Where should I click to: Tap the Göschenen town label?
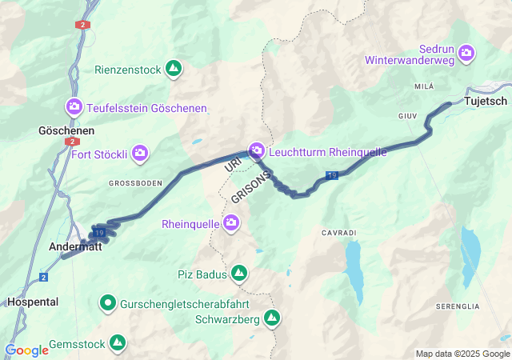point(66,130)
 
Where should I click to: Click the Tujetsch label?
point(485,101)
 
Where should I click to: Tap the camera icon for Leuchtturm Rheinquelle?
point(257,150)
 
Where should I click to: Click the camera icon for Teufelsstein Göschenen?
point(74,106)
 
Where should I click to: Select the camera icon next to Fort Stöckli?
point(140,152)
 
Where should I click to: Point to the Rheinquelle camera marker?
point(231,222)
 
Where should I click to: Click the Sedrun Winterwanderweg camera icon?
point(466,53)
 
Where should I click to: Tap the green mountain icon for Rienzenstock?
point(174,69)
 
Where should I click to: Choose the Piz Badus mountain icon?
point(238,274)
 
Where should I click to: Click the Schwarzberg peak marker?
point(272,318)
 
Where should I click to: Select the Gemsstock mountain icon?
point(118,343)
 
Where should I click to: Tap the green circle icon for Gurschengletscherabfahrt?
point(107,302)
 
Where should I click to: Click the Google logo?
point(26,350)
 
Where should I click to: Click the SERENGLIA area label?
point(457,306)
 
